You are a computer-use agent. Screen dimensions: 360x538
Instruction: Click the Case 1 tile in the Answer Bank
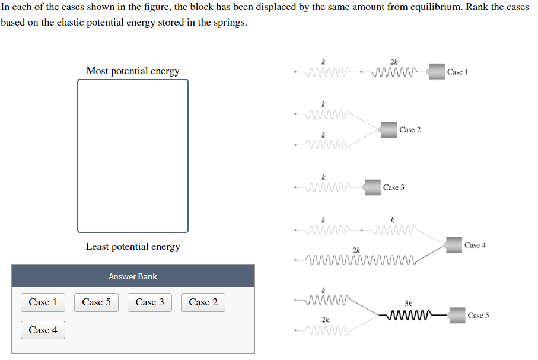[43, 302]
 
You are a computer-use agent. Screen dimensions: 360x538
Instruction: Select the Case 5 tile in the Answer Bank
[96, 302]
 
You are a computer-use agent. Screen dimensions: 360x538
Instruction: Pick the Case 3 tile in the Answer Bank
[149, 302]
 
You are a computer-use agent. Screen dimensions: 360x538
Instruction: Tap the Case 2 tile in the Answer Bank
[203, 302]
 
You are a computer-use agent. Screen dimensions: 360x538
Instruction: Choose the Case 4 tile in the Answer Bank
[43, 330]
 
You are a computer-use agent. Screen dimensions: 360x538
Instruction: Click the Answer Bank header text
[133, 276]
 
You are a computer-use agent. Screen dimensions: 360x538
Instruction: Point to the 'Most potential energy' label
[133, 71]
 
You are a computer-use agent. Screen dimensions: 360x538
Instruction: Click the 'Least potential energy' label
[133, 247]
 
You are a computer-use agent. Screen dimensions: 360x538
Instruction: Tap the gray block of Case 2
[389, 129]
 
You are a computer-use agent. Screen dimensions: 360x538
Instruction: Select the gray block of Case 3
[373, 187]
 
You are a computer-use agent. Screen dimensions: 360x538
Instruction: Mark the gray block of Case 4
[454, 245]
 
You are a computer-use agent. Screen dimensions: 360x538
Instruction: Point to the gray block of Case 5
[457, 315]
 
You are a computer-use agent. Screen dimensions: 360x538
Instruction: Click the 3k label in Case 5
[408, 303]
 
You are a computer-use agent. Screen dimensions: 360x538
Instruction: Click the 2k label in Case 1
[394, 62]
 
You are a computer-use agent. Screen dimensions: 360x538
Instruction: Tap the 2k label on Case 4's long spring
[356, 250]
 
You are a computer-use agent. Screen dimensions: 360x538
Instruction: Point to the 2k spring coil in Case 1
[394, 72]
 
